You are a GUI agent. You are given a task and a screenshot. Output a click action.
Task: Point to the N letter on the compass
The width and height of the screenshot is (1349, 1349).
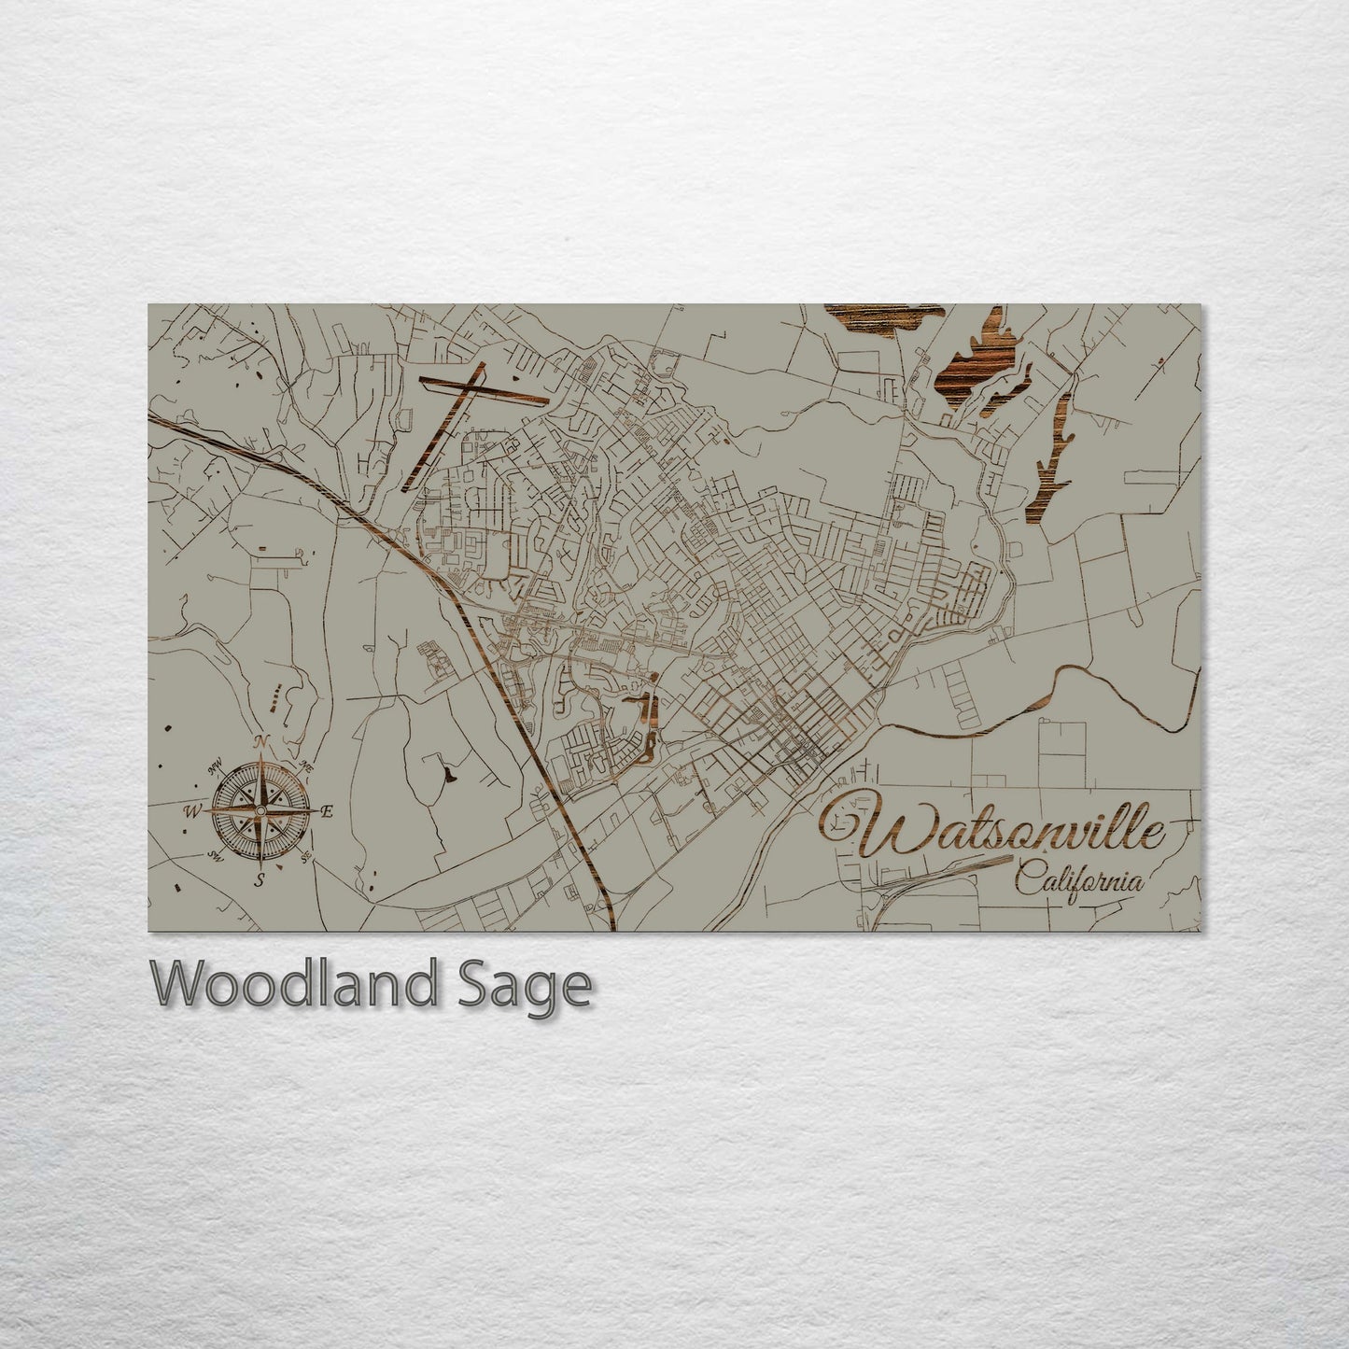262,743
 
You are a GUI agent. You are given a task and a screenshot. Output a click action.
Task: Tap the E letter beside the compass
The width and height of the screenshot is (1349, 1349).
327,812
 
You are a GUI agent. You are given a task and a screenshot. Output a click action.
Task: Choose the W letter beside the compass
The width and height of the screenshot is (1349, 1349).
194,811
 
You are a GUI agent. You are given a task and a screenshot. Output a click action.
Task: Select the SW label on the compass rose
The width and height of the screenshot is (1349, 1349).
215,857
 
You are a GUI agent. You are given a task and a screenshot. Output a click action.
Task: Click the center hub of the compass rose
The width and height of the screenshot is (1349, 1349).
261,811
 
